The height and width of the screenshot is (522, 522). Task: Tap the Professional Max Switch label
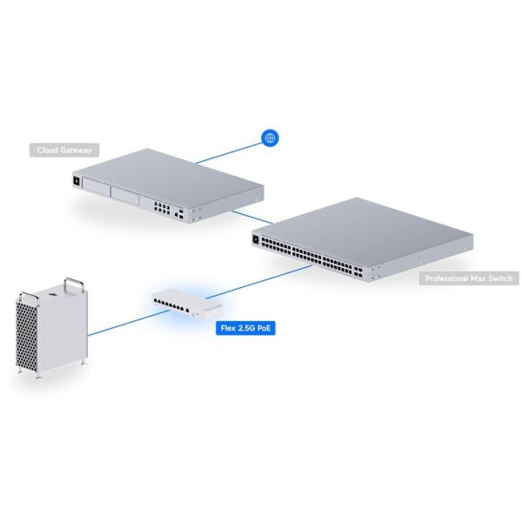point(469,279)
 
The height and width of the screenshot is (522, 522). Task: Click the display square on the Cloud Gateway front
point(76,180)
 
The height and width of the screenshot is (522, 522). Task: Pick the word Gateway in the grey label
point(76,150)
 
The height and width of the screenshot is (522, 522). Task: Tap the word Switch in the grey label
point(498,279)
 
